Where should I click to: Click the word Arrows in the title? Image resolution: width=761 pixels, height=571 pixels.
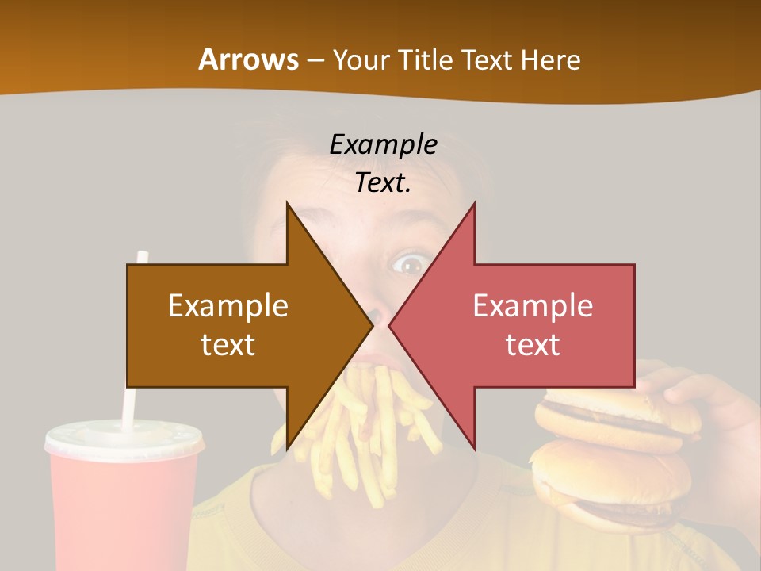click(247, 59)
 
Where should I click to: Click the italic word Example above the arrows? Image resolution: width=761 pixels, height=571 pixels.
click(383, 144)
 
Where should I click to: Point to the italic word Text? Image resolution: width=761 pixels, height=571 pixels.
click(383, 182)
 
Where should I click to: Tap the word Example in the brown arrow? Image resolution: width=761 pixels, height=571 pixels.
click(228, 305)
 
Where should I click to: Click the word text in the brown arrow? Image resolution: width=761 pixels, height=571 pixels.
click(228, 344)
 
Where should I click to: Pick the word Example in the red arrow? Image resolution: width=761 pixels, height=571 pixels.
click(533, 305)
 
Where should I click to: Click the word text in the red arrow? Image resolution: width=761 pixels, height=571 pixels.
click(533, 344)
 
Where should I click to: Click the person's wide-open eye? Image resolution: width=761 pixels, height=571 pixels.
click(410, 263)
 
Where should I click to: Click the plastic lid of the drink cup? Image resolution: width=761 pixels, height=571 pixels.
click(124, 439)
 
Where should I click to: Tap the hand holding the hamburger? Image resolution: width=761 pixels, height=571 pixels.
click(698, 397)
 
